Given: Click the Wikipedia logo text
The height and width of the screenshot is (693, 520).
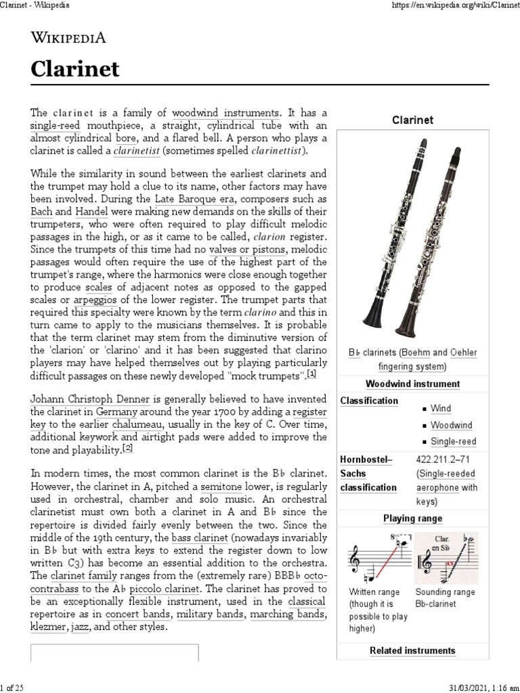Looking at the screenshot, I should click(68, 38).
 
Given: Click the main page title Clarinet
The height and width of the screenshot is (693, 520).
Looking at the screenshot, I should click(76, 69).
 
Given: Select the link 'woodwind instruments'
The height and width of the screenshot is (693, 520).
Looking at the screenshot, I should click(225, 113).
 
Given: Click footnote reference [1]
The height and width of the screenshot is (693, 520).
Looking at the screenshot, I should click(311, 374).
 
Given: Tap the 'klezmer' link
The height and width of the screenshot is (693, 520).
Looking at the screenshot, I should click(47, 628).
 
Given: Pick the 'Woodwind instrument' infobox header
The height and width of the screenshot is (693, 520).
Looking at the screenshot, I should click(412, 384).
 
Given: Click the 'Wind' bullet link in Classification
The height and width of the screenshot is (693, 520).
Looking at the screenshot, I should click(441, 409).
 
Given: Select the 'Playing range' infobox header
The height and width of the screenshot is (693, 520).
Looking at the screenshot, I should click(412, 518).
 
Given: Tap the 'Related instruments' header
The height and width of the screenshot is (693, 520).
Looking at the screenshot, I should click(412, 650).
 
